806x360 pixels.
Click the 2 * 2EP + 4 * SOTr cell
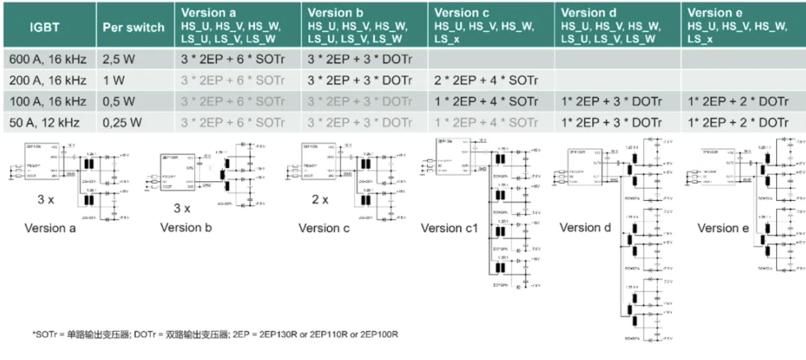point(486,81)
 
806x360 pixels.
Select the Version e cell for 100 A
point(738,102)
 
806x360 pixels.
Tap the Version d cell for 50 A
point(612,123)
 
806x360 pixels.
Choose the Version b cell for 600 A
point(360,59)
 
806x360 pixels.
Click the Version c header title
point(462,13)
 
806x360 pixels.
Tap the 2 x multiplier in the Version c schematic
point(320,200)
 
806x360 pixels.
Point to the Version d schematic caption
point(586,228)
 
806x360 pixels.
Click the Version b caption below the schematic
point(186,228)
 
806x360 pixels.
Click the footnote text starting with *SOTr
point(215,335)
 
